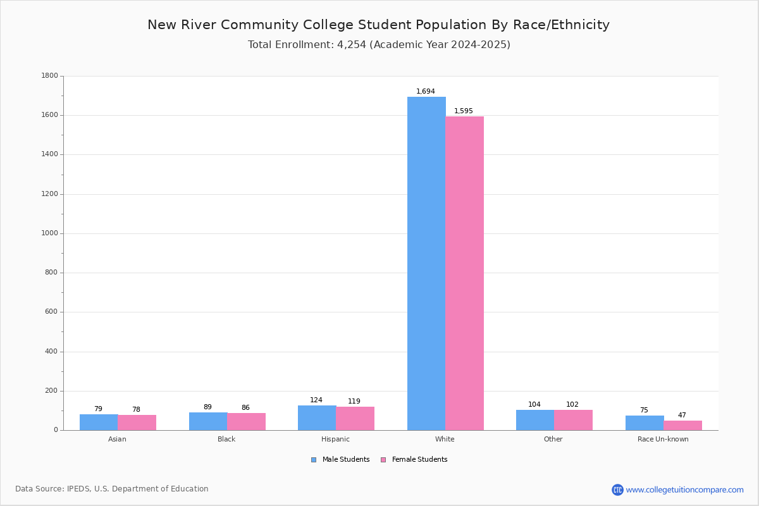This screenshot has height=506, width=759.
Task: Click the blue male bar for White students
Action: point(426,263)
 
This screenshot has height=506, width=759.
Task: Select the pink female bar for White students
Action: point(464,273)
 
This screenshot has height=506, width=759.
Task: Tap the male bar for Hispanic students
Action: point(317,418)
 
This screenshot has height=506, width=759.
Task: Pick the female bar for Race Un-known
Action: point(682,425)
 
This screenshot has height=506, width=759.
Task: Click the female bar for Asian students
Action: point(137,423)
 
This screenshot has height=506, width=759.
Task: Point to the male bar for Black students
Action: point(208,421)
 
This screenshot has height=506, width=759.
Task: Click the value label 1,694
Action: point(426,91)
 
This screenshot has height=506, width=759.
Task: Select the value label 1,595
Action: point(464,111)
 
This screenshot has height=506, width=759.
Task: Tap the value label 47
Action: point(682,415)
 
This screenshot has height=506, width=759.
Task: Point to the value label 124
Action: point(316,400)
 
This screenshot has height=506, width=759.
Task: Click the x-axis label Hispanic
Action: point(335,439)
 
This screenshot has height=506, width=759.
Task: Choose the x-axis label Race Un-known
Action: point(663,439)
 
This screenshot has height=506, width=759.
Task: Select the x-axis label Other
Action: point(553,439)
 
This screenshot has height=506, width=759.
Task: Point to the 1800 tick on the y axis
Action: point(50,75)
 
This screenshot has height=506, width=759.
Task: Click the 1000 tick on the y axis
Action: point(50,233)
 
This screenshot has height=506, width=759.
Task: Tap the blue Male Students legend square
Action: point(314,460)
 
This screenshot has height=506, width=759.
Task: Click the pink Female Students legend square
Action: point(383,460)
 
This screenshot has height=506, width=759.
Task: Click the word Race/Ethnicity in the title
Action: point(561,25)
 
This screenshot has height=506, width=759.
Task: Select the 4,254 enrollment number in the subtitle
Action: point(352,45)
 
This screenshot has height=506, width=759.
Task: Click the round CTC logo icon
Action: point(617,490)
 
